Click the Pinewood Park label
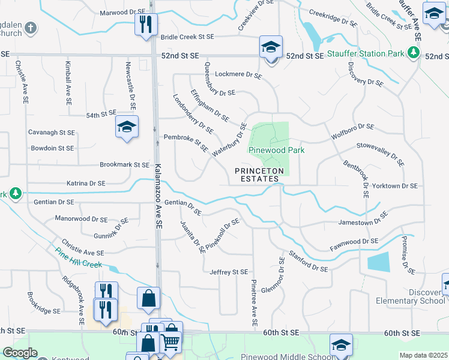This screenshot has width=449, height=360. pyautogui.click(x=277, y=150)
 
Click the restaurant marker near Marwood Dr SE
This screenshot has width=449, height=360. pyautogui.click(x=145, y=25)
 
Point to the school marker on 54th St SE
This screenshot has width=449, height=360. pyautogui.click(x=127, y=127)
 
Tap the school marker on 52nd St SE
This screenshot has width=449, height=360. pyautogui.click(x=271, y=47)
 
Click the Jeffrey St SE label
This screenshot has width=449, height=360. pyautogui.click(x=229, y=272)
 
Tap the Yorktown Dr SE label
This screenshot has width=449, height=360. pyautogui.click(x=394, y=186)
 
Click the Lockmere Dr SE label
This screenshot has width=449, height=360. pyautogui.click(x=238, y=76)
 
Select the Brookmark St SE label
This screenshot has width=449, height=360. pyautogui.click(x=124, y=164)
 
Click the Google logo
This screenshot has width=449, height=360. pyautogui.click(x=20, y=353)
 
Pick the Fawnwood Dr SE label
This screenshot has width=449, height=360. pyautogui.click(x=354, y=244)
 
